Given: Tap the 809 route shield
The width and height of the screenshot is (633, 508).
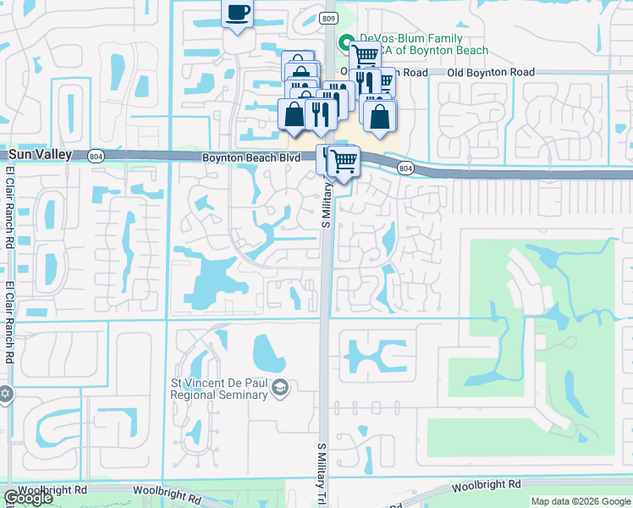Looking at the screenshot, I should tap(328, 18).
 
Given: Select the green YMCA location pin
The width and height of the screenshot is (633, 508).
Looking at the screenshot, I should tap(345, 42).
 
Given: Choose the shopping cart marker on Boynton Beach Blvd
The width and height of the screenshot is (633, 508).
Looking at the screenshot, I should tap(343, 159).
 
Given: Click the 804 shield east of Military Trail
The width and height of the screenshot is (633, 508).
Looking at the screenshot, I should tap(406, 168).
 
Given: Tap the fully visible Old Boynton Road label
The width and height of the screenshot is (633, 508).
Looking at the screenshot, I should tap(491, 73).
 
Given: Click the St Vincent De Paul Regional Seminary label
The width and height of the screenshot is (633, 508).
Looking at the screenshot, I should tap(221, 389).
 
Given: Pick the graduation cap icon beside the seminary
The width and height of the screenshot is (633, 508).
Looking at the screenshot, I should tap(281, 388).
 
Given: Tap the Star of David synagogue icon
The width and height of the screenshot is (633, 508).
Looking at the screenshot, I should tap(5, 395).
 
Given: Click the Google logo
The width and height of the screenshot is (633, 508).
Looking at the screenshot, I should tap(28, 499).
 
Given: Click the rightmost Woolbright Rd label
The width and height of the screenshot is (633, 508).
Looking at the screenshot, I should tap(486, 485).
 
